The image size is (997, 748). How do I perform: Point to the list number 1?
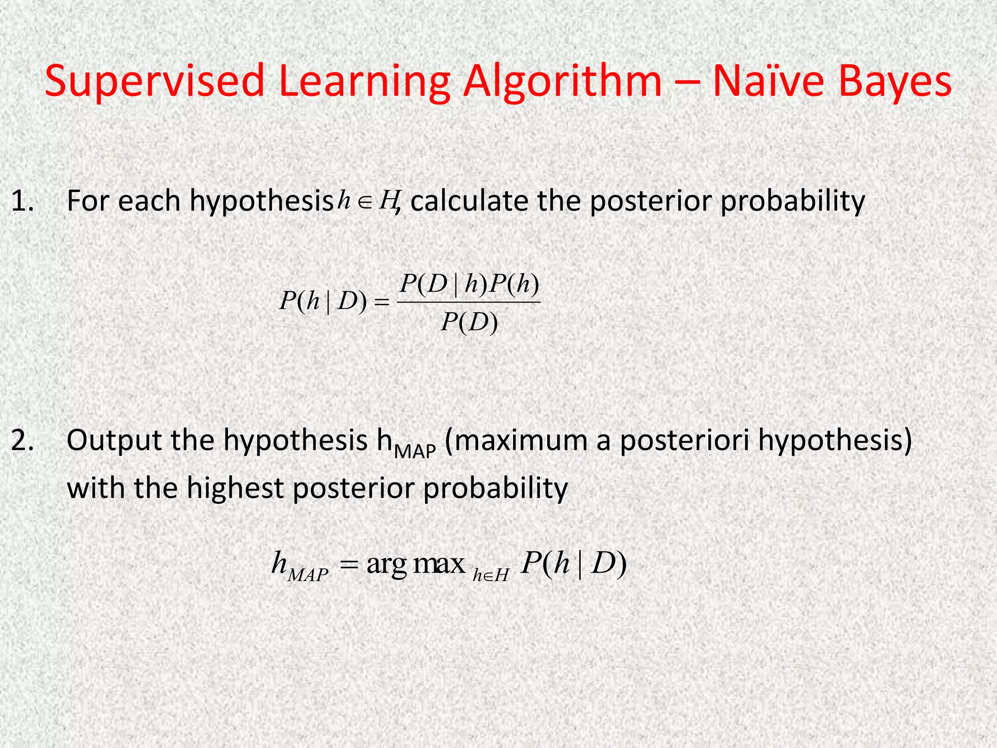tap(22, 201)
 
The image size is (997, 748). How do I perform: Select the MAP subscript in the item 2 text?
tap(414, 452)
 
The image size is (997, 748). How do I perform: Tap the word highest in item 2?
tap(235, 488)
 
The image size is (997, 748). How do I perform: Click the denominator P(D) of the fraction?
tap(469, 322)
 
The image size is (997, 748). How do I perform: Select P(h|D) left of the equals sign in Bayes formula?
tap(322, 302)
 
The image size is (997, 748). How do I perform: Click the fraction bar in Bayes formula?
tap(469, 302)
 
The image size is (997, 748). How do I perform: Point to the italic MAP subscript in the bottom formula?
tap(308, 575)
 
